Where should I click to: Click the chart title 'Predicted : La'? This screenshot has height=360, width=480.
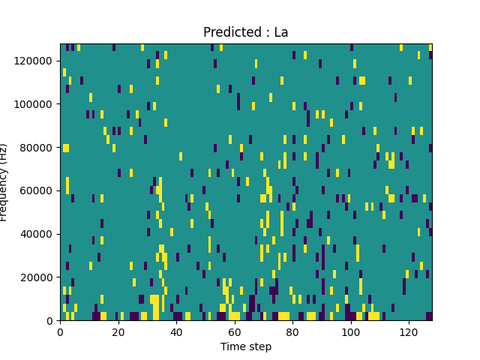246,33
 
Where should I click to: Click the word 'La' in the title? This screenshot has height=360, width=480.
280,33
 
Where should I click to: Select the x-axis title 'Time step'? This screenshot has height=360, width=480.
246,346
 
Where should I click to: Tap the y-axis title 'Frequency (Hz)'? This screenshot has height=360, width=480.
4,182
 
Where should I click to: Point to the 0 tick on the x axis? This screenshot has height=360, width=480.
60,331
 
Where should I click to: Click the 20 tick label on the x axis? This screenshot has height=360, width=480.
118,331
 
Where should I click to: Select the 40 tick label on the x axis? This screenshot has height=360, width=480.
176,331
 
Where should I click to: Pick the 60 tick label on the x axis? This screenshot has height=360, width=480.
235,331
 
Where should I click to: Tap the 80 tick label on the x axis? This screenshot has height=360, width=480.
292,331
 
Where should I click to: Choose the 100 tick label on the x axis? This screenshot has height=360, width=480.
350,331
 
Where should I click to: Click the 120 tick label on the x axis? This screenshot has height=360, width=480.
409,331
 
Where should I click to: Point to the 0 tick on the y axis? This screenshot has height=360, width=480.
51,321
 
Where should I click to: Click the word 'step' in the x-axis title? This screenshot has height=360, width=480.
259,346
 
